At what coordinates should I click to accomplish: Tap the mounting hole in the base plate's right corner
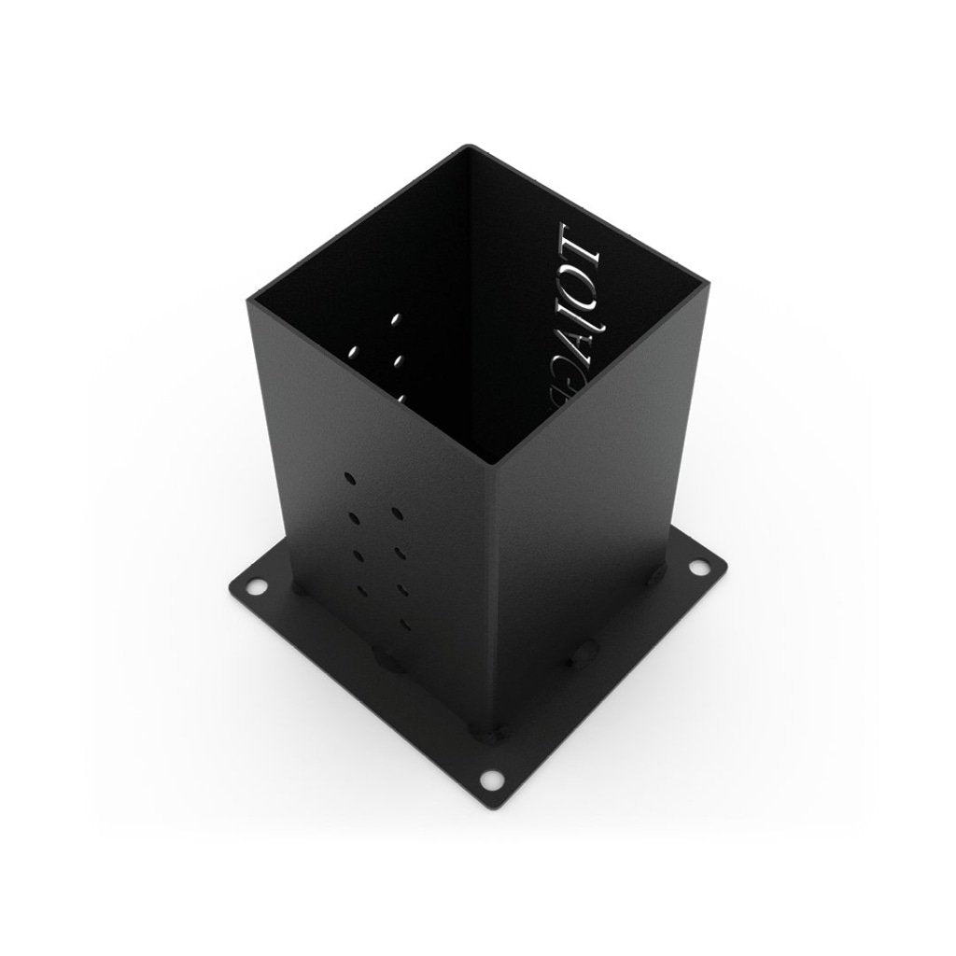coord(697,567)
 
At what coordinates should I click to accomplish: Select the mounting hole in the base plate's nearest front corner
coord(491,777)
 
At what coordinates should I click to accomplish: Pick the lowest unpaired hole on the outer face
coord(403,623)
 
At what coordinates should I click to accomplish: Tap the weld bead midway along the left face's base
coord(387,659)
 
